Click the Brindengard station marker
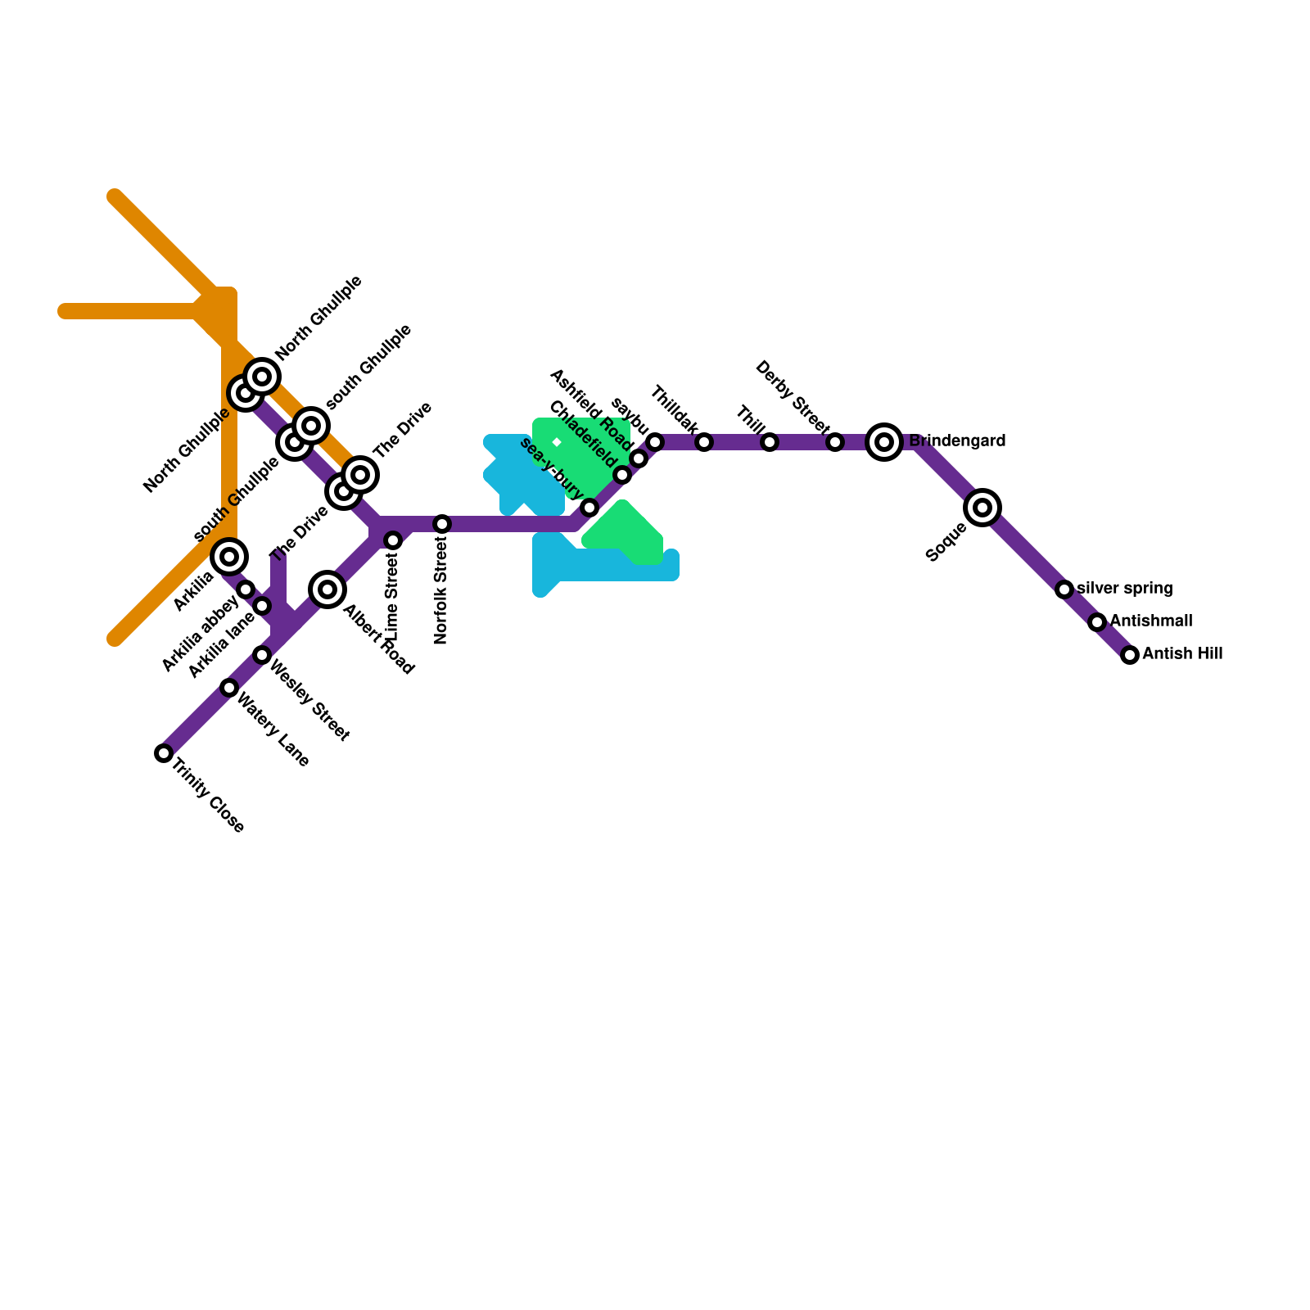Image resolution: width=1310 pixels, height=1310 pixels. coord(884,442)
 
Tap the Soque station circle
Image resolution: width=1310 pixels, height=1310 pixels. coord(982,508)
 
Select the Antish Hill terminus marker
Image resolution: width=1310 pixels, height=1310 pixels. coord(1130,655)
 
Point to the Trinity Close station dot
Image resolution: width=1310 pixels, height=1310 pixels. coord(164,753)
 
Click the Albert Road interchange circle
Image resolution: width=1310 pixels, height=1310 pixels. coord(327,589)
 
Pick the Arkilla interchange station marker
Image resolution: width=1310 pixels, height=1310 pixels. coord(229,557)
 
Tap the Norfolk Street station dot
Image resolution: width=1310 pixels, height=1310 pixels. coord(442,524)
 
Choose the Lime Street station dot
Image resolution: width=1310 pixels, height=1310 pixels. coord(393,540)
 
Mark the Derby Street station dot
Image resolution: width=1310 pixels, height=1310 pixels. coord(835,442)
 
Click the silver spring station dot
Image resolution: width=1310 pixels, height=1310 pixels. coord(1064,589)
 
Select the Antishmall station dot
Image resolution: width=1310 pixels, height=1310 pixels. coord(1097,622)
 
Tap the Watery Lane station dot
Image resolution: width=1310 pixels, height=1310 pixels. coord(229,688)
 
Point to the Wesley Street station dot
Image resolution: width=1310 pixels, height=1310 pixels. coord(262,655)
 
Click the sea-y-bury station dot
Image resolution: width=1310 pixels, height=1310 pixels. coord(589,508)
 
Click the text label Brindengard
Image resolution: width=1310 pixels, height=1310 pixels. coord(957,441)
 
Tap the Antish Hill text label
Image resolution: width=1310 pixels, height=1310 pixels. coord(1182,654)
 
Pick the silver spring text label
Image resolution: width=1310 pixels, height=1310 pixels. coord(1125,589)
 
